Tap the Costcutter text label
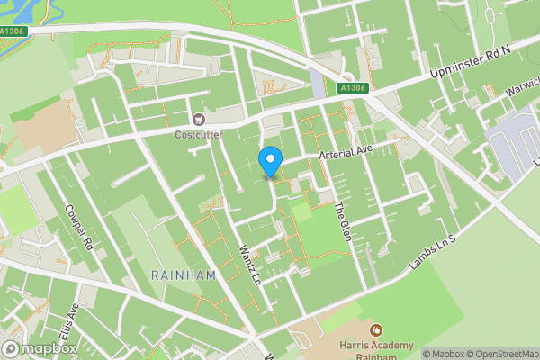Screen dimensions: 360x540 [198, 135]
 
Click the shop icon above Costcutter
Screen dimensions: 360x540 [198, 119]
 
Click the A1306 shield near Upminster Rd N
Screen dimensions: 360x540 [352, 88]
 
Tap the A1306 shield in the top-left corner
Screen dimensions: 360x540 [13, 31]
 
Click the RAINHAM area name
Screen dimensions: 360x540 [184, 275]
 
